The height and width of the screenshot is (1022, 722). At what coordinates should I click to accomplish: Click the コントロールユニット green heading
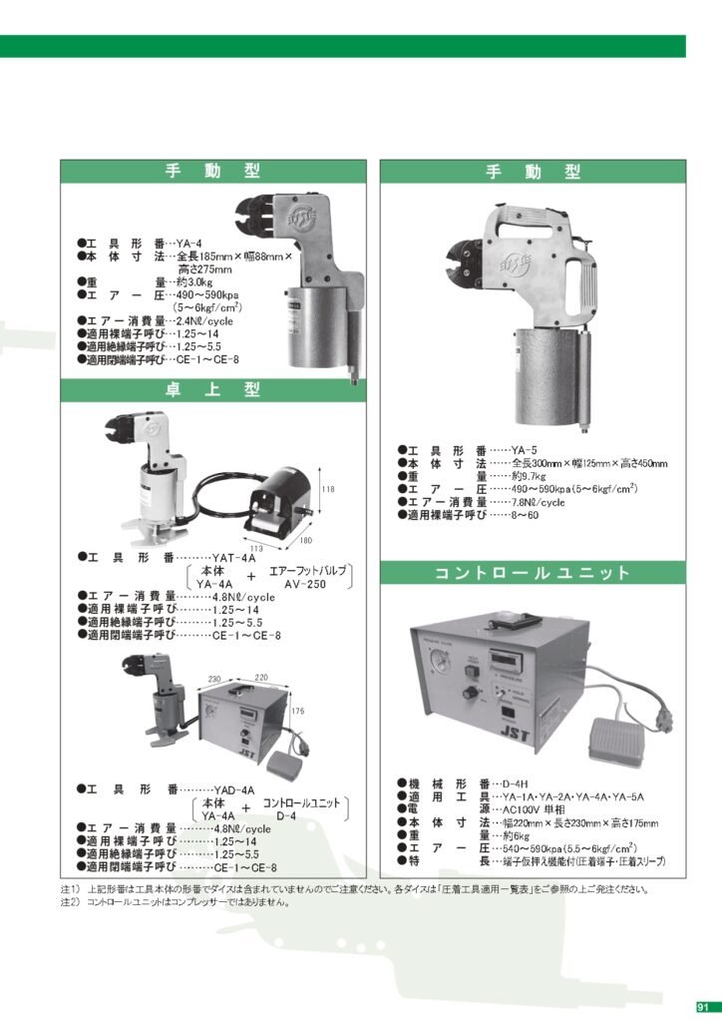pyautogui.click(x=534, y=573)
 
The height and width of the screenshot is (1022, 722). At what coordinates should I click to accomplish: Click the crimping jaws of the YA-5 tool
pyautogui.click(x=466, y=255)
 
